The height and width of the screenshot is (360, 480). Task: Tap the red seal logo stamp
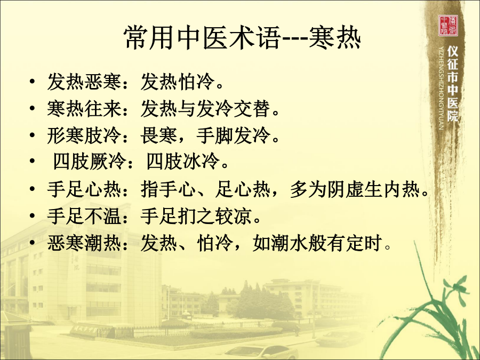pyautogui.click(x=448, y=26)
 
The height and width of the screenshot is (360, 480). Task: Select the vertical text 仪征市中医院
pyautogui.click(x=453, y=84)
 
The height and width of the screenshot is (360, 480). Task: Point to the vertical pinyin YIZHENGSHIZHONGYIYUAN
pyautogui.click(x=441, y=88)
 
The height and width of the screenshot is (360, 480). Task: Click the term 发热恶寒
pyautogui.click(x=84, y=82)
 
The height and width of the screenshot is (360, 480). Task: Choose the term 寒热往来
pyautogui.click(x=84, y=109)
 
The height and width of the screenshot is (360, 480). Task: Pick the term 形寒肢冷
pyautogui.click(x=84, y=135)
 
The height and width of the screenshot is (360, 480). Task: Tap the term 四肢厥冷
pyautogui.click(x=90, y=161)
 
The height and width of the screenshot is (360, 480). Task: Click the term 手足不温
pyautogui.click(x=84, y=216)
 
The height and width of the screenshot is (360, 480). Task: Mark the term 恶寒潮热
pyautogui.click(x=84, y=243)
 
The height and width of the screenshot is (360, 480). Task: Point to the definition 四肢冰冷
pyautogui.click(x=183, y=161)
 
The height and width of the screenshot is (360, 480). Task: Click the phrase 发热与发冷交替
pyautogui.click(x=205, y=109)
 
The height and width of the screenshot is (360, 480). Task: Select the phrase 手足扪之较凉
pyautogui.click(x=196, y=216)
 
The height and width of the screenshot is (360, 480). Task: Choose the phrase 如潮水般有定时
pyautogui.click(x=317, y=243)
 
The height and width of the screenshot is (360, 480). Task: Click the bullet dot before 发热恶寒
pyautogui.click(x=32, y=82)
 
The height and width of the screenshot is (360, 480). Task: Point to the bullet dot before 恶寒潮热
pyautogui.click(x=32, y=243)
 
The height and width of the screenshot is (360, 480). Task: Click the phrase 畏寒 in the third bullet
pyautogui.click(x=159, y=135)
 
